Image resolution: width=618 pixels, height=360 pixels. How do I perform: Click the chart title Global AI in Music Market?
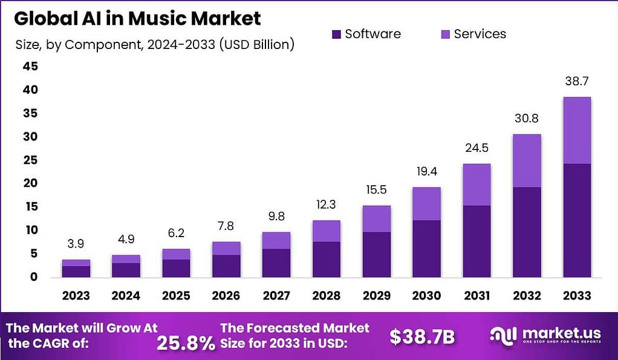pyautogui.click(x=137, y=18)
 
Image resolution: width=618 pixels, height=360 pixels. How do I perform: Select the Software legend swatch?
pyautogui.click(x=337, y=34)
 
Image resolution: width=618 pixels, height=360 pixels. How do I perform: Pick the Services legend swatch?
pyautogui.click(x=445, y=34)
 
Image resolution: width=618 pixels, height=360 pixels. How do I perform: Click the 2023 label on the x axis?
pyautogui.click(x=76, y=296)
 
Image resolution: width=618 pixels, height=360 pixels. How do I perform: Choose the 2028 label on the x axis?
pyautogui.click(x=327, y=296)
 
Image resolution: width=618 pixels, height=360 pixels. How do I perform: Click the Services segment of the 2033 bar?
pyautogui.click(x=577, y=130)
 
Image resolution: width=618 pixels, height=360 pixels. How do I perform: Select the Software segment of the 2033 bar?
pyautogui.click(x=577, y=220)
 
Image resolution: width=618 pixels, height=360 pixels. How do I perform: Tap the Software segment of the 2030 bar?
pyautogui.click(x=427, y=249)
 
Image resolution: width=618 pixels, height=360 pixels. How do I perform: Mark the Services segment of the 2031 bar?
pyautogui.click(x=477, y=185)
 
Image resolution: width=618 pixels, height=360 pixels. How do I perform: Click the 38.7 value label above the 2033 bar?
pyautogui.click(x=577, y=80)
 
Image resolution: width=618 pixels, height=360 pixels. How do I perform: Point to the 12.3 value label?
pyautogui.click(x=327, y=205)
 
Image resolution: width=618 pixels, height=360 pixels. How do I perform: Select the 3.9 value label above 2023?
pyautogui.click(x=76, y=244)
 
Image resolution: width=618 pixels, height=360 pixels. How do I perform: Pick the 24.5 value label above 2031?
pyautogui.click(x=477, y=148)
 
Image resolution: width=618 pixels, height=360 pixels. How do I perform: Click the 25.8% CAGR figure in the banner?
pyautogui.click(x=186, y=343)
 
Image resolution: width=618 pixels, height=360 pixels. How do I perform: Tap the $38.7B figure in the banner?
pyautogui.click(x=422, y=337)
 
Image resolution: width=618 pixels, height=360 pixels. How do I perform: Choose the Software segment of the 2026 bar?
pyautogui.click(x=226, y=266)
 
